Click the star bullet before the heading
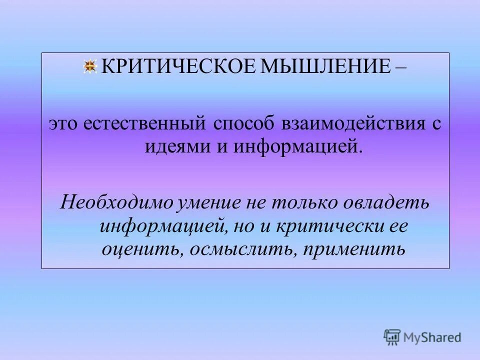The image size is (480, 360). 90,67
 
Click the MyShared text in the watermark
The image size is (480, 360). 433,337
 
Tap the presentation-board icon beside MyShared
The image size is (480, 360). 392,337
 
